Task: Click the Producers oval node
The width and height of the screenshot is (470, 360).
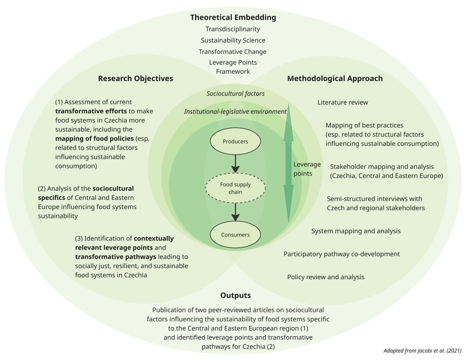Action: [x=235, y=141]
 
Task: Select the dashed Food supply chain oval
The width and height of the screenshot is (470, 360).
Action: [x=235, y=188]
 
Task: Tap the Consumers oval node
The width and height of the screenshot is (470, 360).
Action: [x=235, y=235]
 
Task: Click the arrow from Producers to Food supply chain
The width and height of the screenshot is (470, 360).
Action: [x=235, y=163]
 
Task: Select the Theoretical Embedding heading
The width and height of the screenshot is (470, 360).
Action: [x=233, y=18]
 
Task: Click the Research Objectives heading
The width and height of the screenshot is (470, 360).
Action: [x=135, y=78]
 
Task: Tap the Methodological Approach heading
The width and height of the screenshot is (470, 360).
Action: [x=335, y=78]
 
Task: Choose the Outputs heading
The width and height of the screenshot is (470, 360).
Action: [x=235, y=295]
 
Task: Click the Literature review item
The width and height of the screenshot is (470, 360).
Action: [x=342, y=102]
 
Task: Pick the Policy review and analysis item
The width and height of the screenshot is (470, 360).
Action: [x=325, y=277]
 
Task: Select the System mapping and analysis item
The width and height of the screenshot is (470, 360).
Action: [x=356, y=231]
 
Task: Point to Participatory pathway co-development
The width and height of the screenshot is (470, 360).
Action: [x=341, y=254]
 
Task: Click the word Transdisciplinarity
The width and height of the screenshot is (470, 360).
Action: [x=233, y=29]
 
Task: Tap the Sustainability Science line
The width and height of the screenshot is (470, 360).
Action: [x=233, y=40]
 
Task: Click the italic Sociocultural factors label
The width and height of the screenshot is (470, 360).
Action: [x=235, y=94]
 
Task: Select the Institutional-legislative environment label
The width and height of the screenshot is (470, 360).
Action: [x=235, y=111]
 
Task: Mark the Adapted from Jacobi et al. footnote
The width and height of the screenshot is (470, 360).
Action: [x=422, y=351]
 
